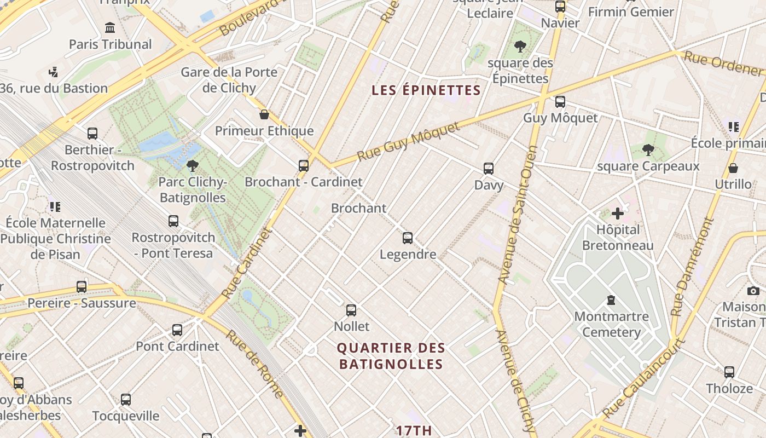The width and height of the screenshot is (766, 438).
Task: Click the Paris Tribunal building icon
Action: click(x=110, y=27)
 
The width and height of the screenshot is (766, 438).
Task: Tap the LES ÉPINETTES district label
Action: click(x=426, y=90)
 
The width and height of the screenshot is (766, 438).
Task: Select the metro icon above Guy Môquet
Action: click(x=560, y=102)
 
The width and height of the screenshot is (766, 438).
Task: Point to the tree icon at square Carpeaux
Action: click(x=648, y=149)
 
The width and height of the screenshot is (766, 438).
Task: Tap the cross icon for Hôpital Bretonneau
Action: click(x=618, y=214)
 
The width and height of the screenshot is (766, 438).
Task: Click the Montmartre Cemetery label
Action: click(x=611, y=324)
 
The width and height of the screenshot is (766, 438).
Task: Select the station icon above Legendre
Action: click(x=408, y=238)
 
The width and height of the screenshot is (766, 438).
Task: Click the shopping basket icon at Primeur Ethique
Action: click(x=264, y=114)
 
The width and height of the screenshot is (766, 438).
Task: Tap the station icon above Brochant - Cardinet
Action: click(x=303, y=166)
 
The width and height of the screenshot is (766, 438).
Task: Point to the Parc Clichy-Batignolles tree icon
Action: click(x=192, y=165)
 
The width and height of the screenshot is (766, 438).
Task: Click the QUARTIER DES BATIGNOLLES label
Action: click(x=391, y=356)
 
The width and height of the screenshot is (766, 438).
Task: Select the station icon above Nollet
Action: click(x=351, y=310)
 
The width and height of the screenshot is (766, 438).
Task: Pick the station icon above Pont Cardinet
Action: click(x=177, y=330)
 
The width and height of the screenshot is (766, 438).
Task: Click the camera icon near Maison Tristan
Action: click(x=753, y=291)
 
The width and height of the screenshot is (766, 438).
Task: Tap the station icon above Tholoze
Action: click(x=729, y=372)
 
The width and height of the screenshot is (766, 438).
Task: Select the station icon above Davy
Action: click(x=489, y=169)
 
